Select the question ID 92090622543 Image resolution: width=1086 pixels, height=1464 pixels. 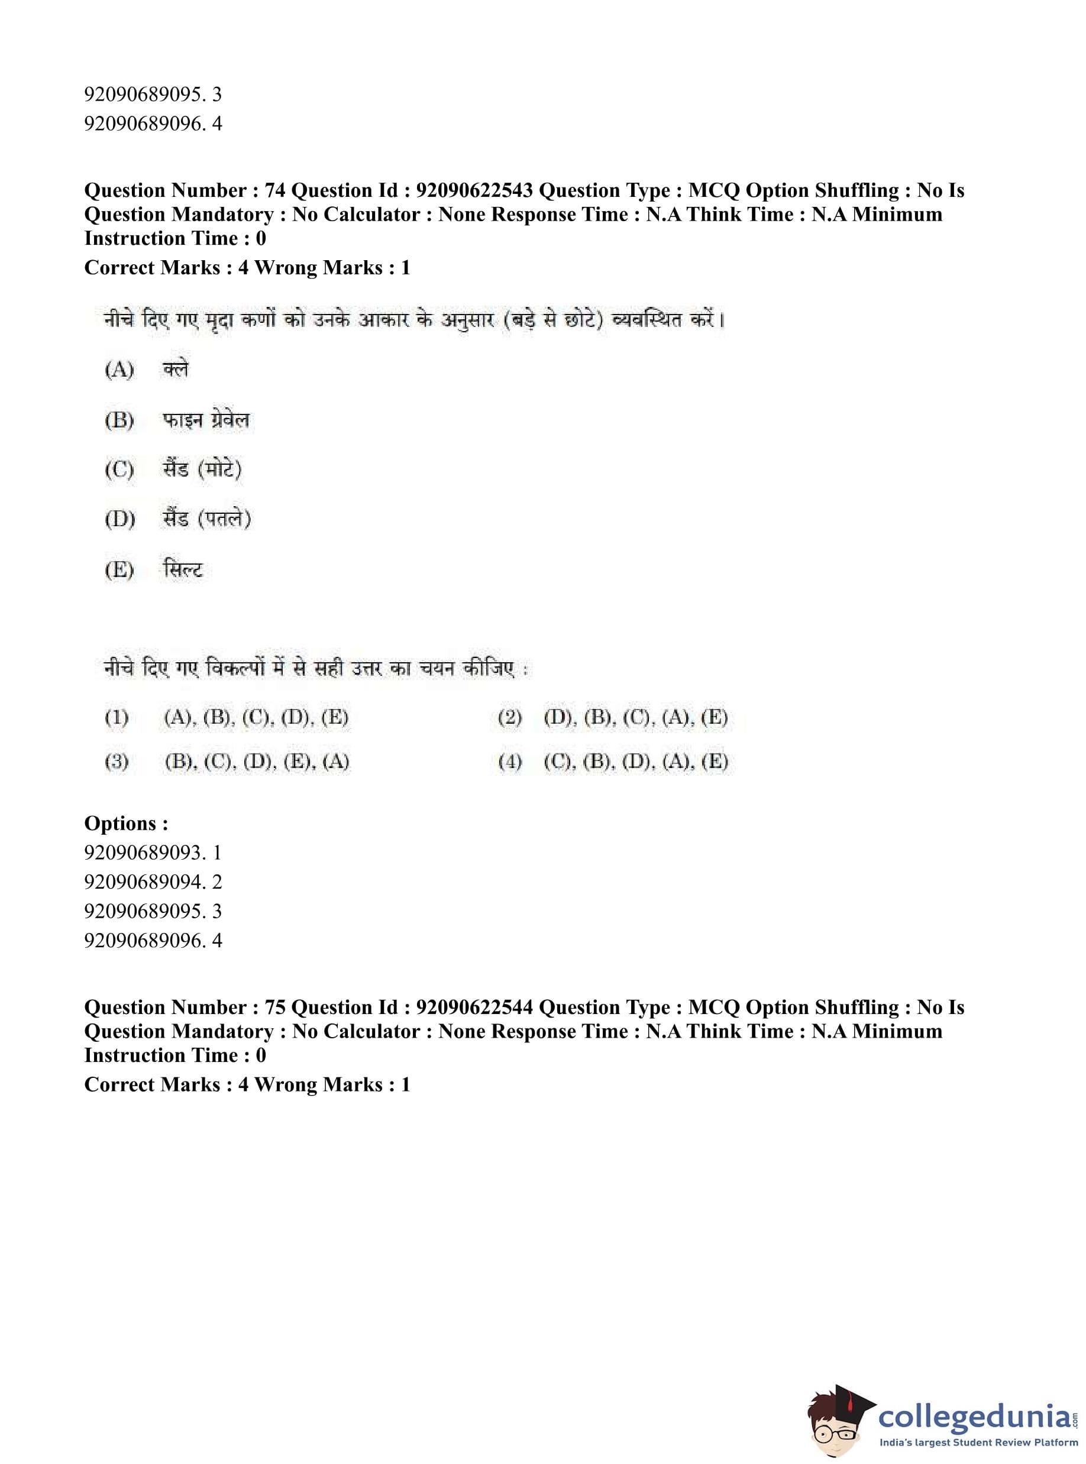click(474, 190)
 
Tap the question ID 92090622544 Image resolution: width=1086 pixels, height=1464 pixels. click(474, 1008)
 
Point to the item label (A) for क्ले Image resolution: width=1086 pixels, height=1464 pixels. click(119, 370)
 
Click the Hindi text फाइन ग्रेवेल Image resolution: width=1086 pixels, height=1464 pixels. click(206, 420)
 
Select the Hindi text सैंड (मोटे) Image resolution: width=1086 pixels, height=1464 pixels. click(202, 469)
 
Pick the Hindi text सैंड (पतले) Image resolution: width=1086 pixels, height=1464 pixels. click(206, 519)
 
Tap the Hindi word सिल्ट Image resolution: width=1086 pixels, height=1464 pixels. click(183, 569)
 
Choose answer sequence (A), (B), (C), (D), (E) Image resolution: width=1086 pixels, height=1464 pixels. click(256, 717)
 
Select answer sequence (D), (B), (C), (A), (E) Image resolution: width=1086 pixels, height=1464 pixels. click(636, 717)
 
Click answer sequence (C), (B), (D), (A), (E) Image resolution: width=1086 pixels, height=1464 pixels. click(636, 762)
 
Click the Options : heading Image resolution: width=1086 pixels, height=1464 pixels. click(126, 823)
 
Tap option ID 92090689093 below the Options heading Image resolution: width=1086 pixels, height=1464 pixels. click(153, 853)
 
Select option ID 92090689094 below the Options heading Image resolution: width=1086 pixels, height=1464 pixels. click(153, 882)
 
